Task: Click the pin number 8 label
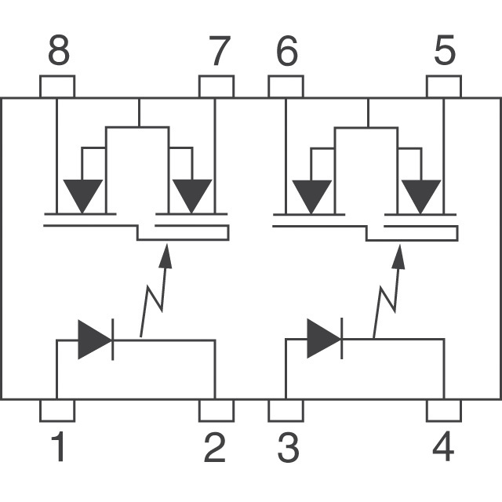(x=59, y=50)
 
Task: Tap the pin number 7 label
(x=220, y=50)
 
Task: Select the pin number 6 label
(x=287, y=50)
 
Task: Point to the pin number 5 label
(x=445, y=50)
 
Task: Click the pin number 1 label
(x=58, y=446)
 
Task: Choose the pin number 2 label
(x=214, y=446)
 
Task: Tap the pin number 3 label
(x=289, y=447)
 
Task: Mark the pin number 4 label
(x=443, y=446)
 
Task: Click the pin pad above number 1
(x=57, y=410)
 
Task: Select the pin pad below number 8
(x=57, y=86)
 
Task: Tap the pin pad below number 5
(x=444, y=86)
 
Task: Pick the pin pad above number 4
(x=444, y=410)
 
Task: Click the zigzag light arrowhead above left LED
(x=166, y=256)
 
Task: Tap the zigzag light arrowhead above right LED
(x=398, y=256)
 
